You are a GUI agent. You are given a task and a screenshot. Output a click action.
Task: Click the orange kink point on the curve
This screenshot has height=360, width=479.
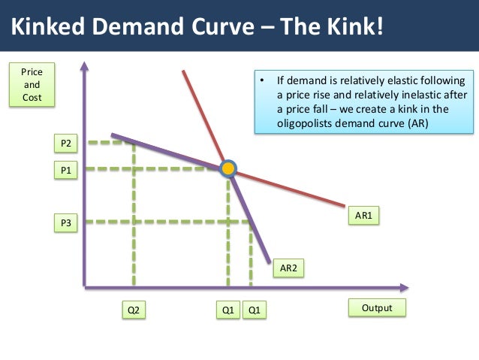click(x=227, y=168)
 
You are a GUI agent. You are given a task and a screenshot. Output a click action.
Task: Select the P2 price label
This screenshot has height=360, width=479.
click(x=65, y=143)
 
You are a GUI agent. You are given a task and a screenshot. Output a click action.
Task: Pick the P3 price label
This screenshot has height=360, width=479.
click(x=65, y=223)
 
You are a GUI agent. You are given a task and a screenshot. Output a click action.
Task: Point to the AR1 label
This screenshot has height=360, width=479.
click(x=364, y=216)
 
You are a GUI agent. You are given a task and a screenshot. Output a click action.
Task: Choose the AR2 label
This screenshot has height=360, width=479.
click(x=288, y=267)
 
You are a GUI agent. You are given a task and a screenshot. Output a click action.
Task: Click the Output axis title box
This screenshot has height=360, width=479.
click(x=377, y=307)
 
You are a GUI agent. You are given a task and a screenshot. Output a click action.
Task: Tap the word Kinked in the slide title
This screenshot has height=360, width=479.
click(x=47, y=28)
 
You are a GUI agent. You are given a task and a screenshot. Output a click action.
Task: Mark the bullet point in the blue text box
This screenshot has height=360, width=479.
click(x=262, y=80)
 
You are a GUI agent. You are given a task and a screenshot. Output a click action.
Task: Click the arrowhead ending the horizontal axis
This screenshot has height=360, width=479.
click(x=405, y=287)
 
